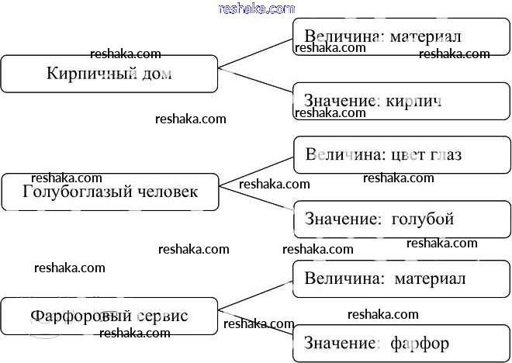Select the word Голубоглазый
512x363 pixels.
[73, 192]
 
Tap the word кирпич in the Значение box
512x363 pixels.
[413, 101]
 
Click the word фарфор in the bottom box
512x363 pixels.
[420, 342]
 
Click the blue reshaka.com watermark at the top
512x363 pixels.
[257, 9]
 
